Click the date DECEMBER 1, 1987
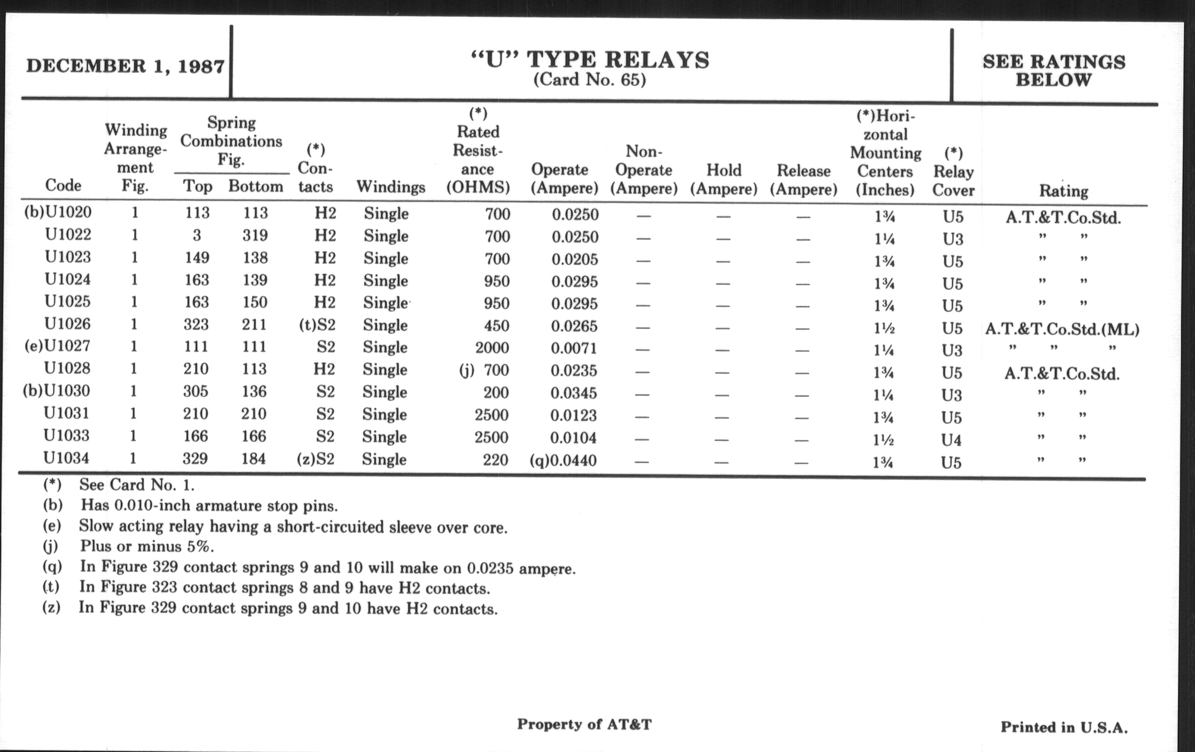click(125, 66)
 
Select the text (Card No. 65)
click(590, 80)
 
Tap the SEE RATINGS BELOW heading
click(1053, 70)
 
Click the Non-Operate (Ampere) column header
click(644, 170)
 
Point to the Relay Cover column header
click(953, 172)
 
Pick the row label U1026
click(67, 324)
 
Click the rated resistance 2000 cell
click(492, 347)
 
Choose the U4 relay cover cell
click(951, 440)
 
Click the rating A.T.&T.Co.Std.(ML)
click(1062, 329)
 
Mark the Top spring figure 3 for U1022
click(197, 235)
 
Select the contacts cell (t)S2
click(316, 325)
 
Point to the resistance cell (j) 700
click(484, 370)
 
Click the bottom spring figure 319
click(255, 235)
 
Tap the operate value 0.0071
click(574, 348)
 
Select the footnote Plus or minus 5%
click(147, 547)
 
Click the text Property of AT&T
click(584, 724)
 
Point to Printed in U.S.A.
click(1063, 727)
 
